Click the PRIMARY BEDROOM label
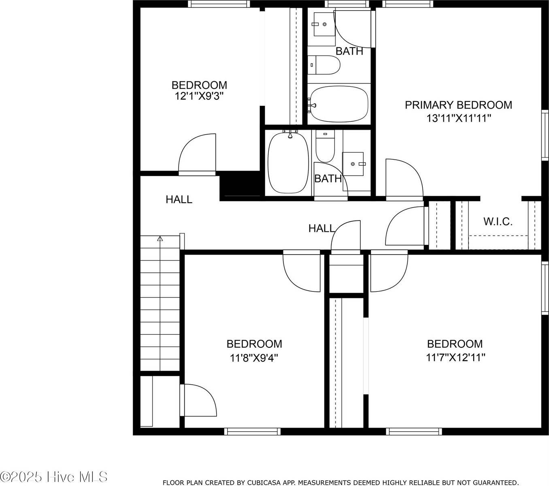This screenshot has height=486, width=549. (458, 105)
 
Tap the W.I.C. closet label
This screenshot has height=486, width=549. (498, 222)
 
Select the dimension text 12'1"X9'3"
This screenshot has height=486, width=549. (199, 96)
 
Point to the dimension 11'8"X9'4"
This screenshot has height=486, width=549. (254, 358)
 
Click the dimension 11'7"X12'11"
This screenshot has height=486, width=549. (455, 358)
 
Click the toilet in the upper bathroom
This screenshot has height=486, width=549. (323, 65)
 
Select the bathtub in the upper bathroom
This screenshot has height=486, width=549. (339, 104)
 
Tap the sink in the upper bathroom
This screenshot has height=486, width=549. (324, 24)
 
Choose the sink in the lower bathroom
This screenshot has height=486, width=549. (353, 164)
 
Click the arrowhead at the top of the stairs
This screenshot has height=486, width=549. (160, 238)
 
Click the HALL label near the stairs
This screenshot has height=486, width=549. (179, 200)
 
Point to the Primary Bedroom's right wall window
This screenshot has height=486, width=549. (545, 135)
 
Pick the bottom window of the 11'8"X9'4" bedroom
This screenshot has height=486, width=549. (252, 431)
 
